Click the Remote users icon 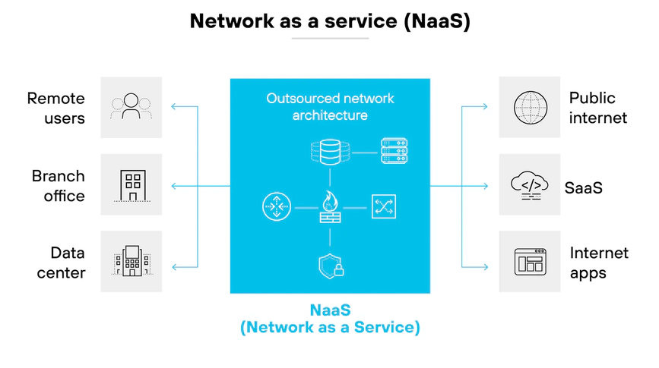131,107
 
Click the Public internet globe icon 529,107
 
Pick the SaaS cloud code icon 529,185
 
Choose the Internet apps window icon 529,262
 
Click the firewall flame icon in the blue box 330,206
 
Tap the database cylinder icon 329,153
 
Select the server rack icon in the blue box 393,152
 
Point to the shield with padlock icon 330,265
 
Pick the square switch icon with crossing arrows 384,206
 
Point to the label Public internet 598,108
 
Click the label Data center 61,263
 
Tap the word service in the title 341,20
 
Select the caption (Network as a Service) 330,329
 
